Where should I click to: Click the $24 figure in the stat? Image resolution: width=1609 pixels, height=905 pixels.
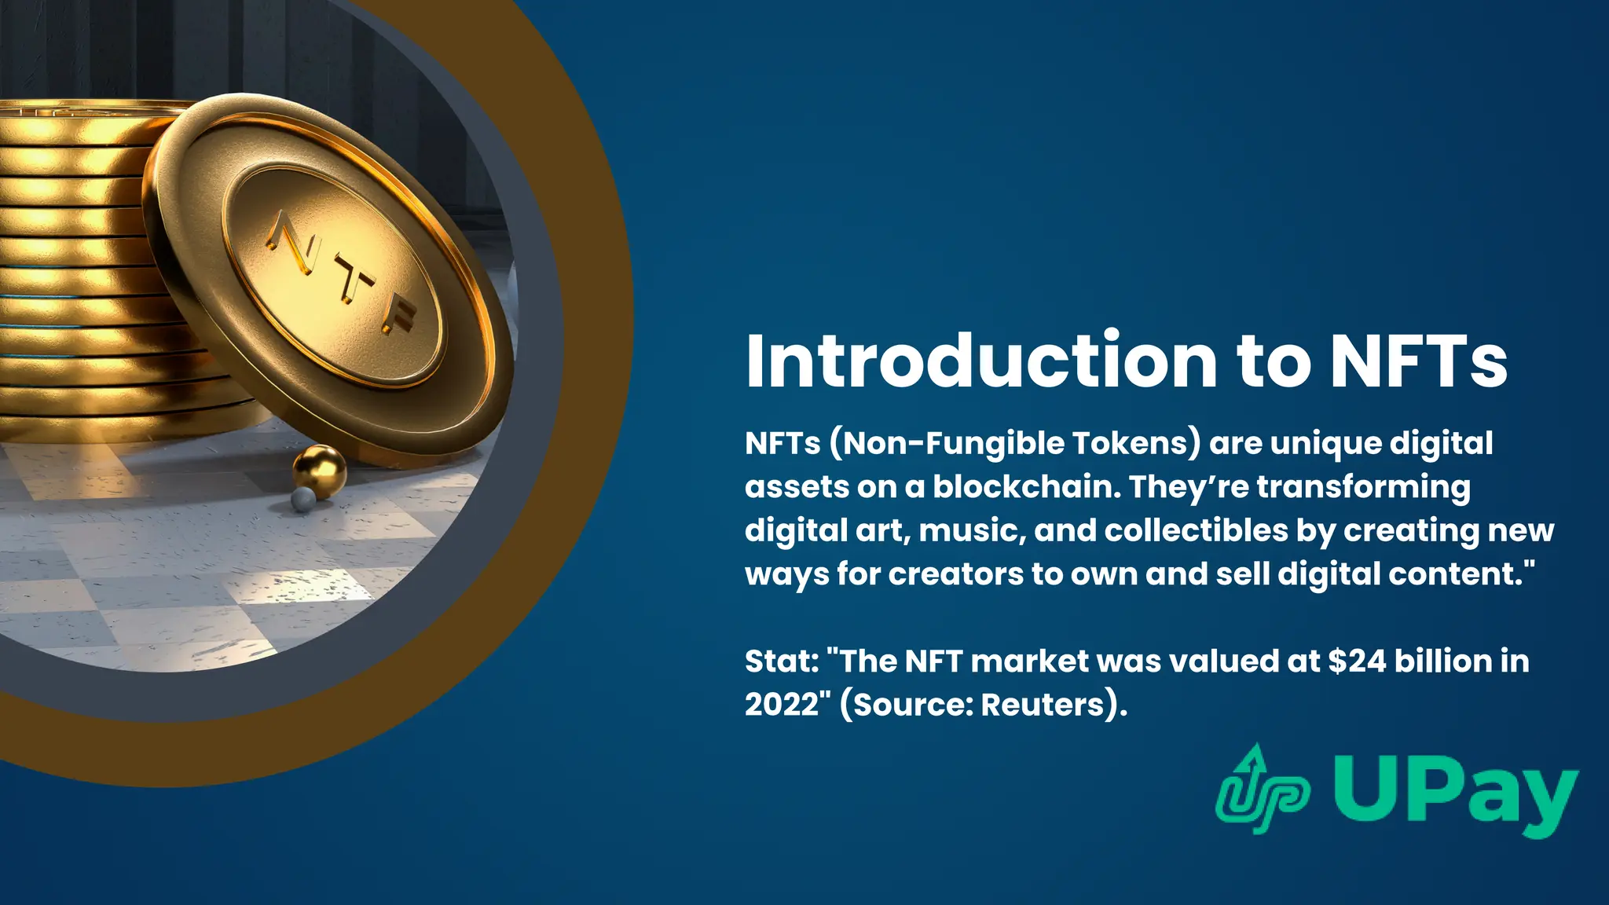coord(1357,661)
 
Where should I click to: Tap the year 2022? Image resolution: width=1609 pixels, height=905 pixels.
coord(782,705)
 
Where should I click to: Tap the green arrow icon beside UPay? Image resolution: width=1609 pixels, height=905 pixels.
coord(1261,790)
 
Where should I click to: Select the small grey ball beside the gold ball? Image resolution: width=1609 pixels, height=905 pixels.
coord(302,499)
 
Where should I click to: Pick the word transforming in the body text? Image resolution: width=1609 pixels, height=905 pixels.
coord(1363,487)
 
